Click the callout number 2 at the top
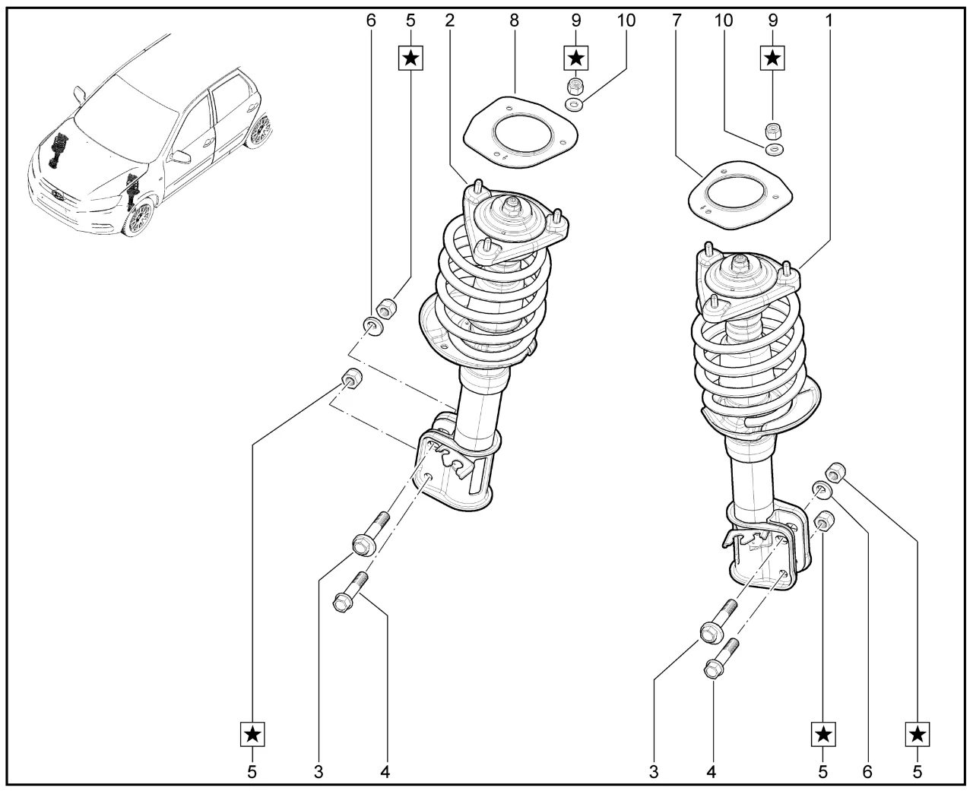450,21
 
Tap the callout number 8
514,21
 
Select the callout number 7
675,21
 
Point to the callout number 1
829,21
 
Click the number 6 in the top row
371,21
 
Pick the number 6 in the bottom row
867,772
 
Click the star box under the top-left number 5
410,57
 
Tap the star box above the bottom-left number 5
252,734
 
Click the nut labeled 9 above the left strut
575,84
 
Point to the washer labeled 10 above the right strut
774,150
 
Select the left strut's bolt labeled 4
349,593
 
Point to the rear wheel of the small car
258,130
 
